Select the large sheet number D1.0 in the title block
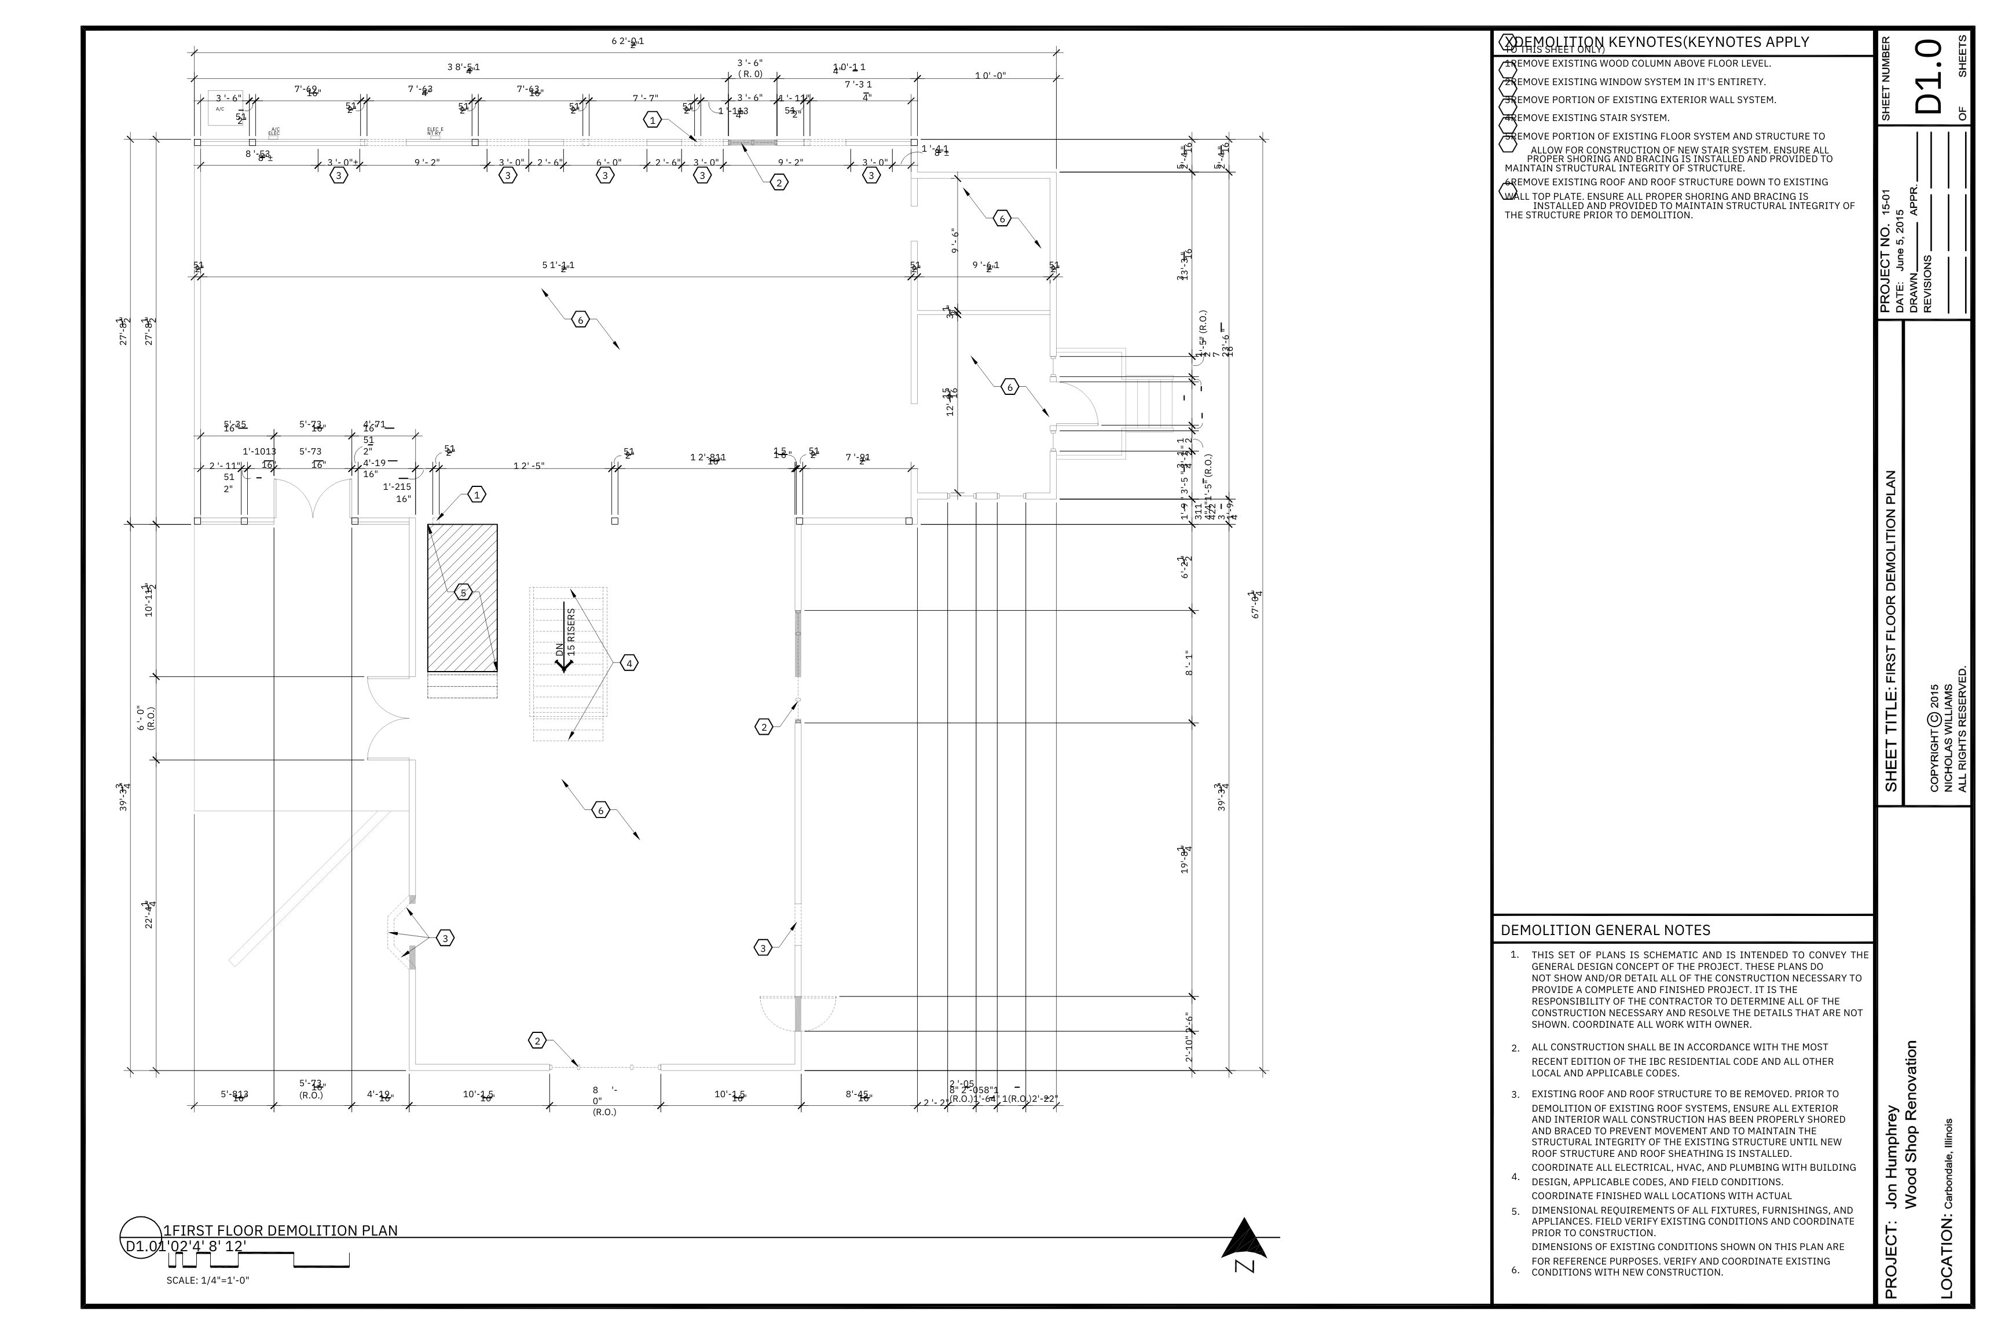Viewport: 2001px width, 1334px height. pyautogui.click(x=1930, y=76)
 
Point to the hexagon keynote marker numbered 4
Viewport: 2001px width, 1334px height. pyautogui.click(x=629, y=663)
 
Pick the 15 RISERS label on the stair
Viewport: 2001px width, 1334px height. pyautogui.click(x=571, y=631)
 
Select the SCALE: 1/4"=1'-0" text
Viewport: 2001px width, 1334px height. pyautogui.click(x=208, y=1280)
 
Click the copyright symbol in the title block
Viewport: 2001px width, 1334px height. pyautogui.click(x=1934, y=719)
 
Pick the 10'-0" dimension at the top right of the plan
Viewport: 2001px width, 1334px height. pyautogui.click(x=990, y=76)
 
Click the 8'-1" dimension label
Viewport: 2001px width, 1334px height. pyautogui.click(x=1189, y=664)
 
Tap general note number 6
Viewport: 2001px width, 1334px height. pyautogui.click(x=1515, y=1270)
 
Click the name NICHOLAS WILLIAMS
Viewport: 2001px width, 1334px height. pyautogui.click(x=1948, y=736)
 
